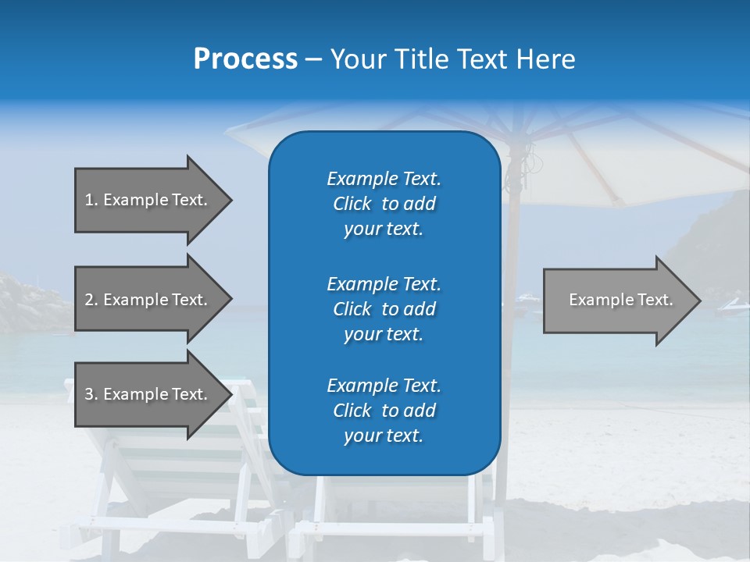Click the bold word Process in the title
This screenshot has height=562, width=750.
click(245, 59)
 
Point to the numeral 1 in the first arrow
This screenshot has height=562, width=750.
click(89, 200)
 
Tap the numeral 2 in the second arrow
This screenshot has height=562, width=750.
click(89, 300)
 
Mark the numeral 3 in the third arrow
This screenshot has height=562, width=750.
click(89, 394)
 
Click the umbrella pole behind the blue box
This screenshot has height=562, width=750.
click(512, 234)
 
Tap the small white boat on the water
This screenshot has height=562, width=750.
click(528, 297)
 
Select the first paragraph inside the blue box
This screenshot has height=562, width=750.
click(384, 204)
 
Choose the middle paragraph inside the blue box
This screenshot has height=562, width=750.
click(384, 309)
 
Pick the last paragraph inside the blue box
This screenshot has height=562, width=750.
click(384, 411)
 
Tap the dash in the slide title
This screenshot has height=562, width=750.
click(313, 59)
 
